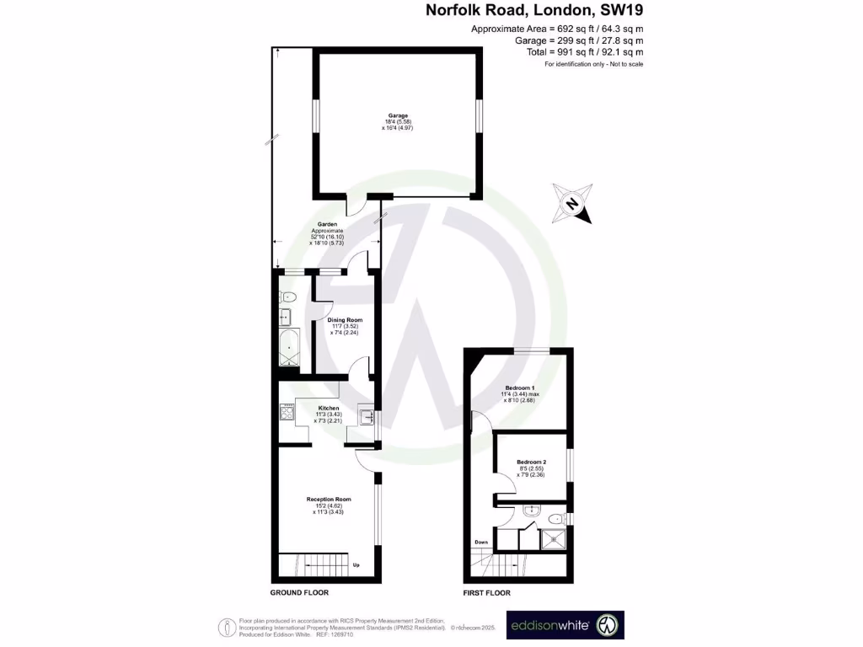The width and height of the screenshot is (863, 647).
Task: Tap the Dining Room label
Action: click(x=345, y=320)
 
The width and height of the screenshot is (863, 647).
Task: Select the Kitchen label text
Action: click(x=329, y=408)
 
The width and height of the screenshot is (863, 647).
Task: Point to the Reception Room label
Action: click(x=329, y=500)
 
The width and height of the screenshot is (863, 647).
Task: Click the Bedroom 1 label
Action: click(x=520, y=388)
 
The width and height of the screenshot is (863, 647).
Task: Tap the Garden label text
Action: click(x=328, y=224)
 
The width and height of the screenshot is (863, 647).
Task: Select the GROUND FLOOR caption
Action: click(x=299, y=593)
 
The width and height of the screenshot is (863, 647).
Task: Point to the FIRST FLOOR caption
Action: click(x=487, y=593)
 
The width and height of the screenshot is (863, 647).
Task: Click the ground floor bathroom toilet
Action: click(x=287, y=296)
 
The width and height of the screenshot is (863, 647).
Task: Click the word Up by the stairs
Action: click(x=356, y=564)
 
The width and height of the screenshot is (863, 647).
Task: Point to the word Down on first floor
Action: click(x=481, y=542)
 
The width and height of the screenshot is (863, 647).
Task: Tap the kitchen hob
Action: click(x=287, y=414)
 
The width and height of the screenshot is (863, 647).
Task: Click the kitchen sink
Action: click(x=366, y=417)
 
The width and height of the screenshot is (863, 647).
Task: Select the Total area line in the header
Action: click(x=580, y=52)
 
